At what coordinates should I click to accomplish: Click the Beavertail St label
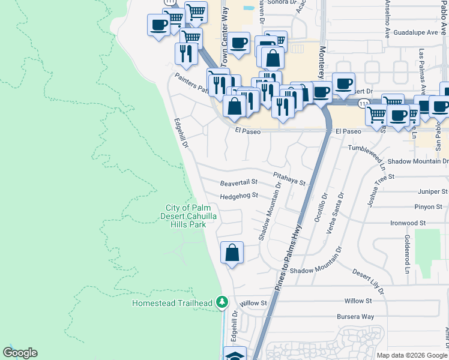tap(238, 182)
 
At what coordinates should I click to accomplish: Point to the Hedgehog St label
tap(238, 196)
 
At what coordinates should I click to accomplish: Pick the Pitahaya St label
tap(289, 178)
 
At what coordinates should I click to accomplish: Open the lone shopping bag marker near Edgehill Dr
tap(232, 253)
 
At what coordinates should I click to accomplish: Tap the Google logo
tap(20, 353)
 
